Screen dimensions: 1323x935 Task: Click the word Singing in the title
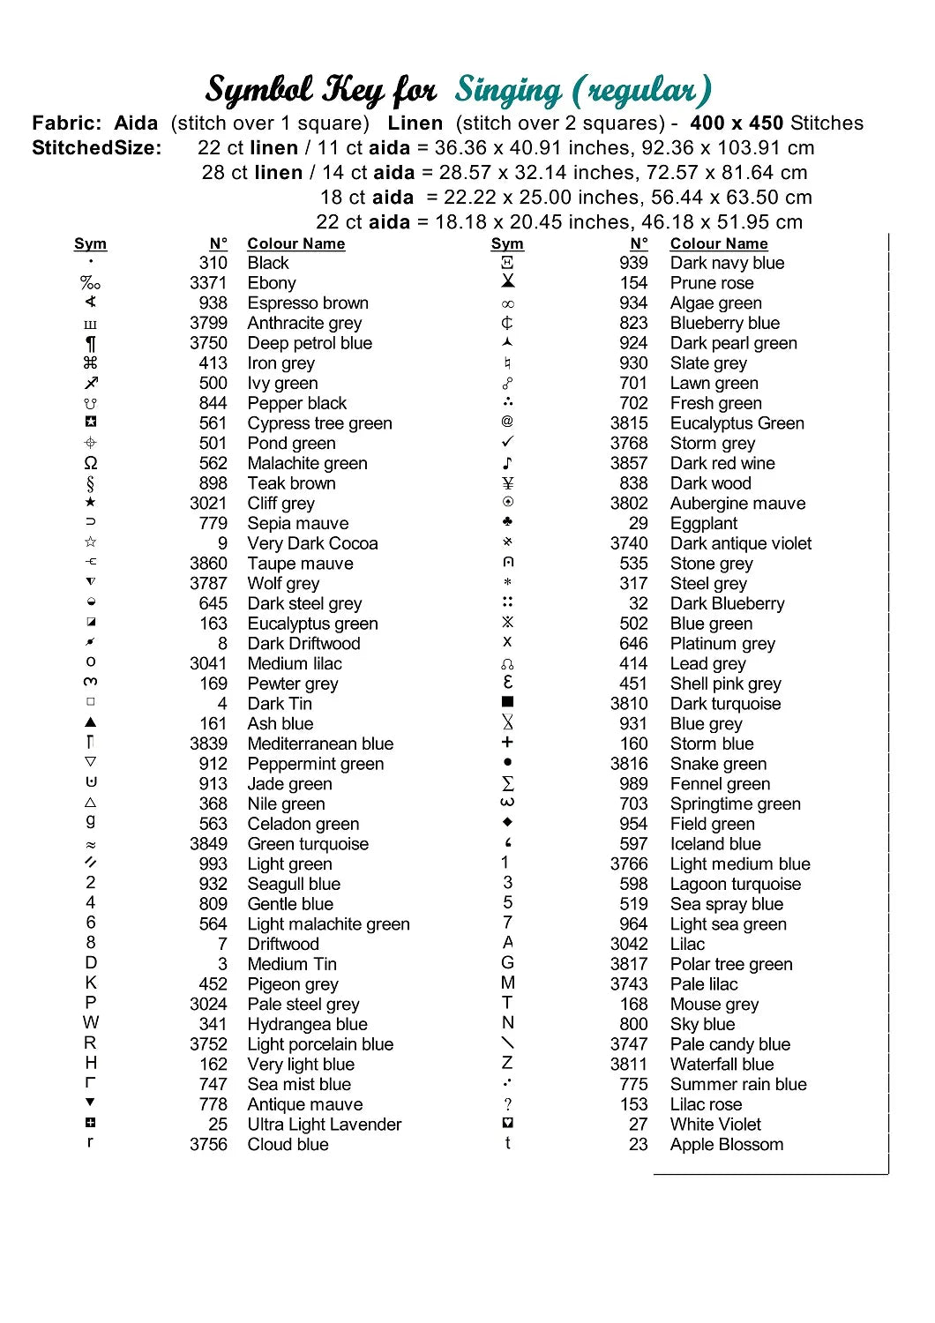(508, 91)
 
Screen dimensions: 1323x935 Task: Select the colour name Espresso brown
(308, 303)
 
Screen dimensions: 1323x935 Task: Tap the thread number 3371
(208, 283)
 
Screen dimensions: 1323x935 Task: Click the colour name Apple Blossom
(726, 1145)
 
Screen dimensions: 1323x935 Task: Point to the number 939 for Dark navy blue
(633, 263)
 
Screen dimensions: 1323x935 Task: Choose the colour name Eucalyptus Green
(737, 423)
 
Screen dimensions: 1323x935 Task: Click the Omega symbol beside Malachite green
(91, 463)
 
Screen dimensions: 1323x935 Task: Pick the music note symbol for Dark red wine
(507, 463)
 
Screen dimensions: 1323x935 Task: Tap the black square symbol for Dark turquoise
(507, 703)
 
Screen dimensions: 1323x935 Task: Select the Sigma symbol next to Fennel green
(507, 783)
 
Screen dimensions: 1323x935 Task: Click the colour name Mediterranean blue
(320, 744)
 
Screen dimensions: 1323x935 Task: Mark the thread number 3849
(208, 844)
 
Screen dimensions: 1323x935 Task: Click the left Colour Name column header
(295, 243)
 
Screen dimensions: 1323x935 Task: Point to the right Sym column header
(507, 243)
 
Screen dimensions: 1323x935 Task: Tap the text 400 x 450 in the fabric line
(737, 123)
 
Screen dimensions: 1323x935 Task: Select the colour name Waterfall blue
(722, 1065)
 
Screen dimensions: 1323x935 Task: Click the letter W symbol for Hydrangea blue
(91, 1023)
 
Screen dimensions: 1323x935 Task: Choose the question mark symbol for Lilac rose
(507, 1104)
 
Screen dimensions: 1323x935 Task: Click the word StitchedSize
(96, 148)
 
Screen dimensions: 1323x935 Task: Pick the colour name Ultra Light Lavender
(324, 1125)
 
